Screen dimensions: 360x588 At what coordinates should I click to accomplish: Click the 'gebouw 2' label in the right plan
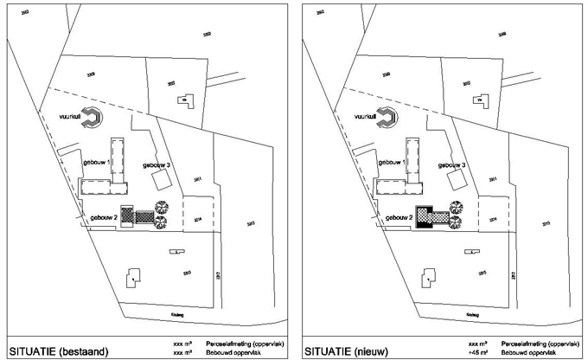point(398,216)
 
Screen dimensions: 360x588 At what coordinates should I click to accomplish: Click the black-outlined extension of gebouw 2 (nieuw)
point(424,216)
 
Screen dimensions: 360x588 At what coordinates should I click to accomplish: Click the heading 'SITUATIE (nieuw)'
point(344,350)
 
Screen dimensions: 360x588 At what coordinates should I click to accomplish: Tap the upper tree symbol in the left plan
point(161,205)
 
